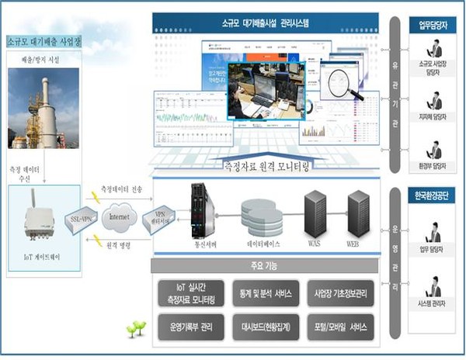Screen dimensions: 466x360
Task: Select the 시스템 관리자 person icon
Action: [x=433, y=278]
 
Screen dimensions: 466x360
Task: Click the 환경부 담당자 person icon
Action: [x=434, y=150]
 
